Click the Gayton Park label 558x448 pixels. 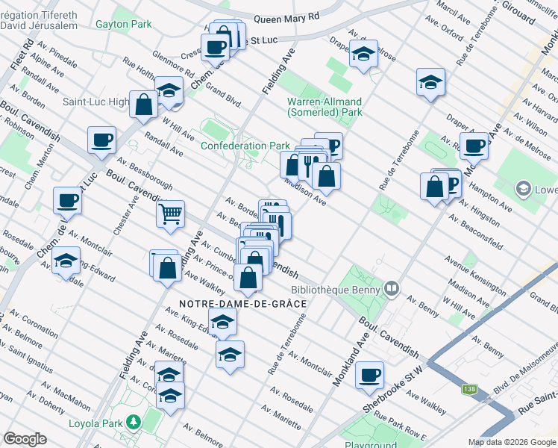point(123,24)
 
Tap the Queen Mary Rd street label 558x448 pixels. point(286,17)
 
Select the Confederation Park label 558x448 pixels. point(245,146)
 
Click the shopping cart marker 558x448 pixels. point(171,214)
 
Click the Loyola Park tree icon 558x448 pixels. point(134,421)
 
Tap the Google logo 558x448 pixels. point(25,439)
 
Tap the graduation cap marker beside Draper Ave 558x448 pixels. point(430,82)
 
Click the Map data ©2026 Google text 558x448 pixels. point(511,442)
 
